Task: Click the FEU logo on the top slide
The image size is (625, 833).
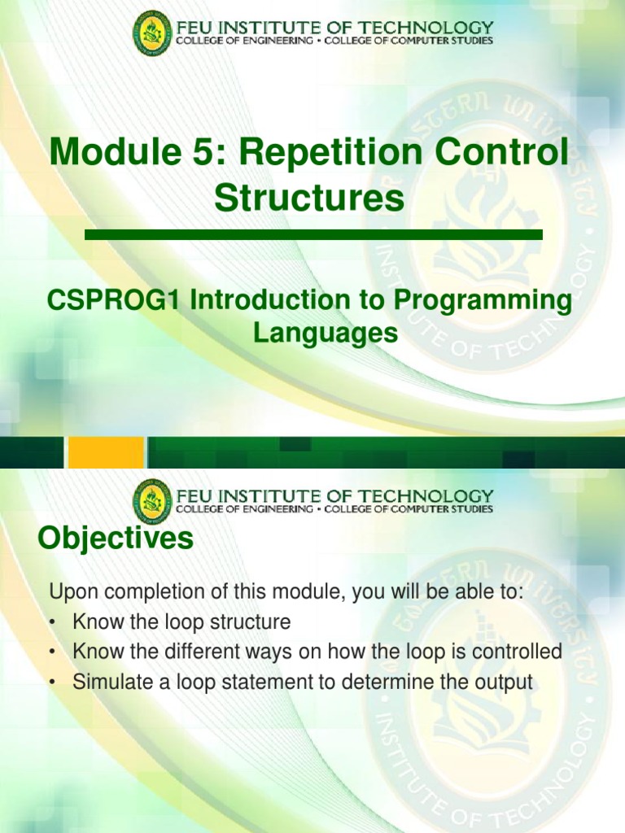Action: click(x=152, y=34)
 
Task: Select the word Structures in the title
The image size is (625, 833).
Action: click(x=309, y=198)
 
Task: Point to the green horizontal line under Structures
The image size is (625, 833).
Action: click(x=313, y=234)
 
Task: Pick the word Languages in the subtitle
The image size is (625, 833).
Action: click(x=325, y=333)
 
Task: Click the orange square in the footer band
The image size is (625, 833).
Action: click(x=106, y=452)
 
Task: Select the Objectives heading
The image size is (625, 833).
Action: click(x=116, y=539)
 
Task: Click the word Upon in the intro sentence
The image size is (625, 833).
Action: click(x=73, y=591)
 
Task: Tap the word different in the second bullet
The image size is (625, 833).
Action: click(x=190, y=652)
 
